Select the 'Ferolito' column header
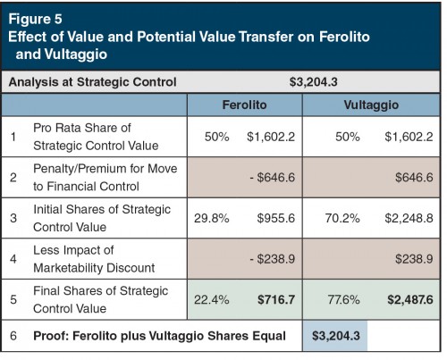[244, 105]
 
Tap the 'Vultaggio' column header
[370, 105]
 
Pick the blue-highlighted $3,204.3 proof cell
[336, 336]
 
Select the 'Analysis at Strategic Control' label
[92, 82]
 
